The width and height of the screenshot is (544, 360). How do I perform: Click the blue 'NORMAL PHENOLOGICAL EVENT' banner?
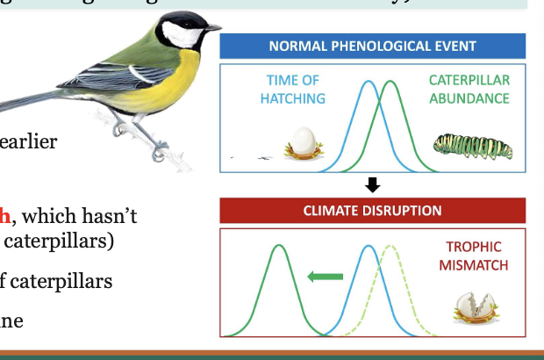coord(372,46)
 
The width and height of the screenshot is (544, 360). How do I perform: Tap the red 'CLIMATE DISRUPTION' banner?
coord(372,211)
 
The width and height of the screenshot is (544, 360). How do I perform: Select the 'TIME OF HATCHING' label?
coord(292,90)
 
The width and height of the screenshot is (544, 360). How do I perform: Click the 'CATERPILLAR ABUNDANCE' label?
coord(469,90)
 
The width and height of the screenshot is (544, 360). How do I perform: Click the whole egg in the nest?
coord(304,141)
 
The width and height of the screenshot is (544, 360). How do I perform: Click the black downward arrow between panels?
coord(372,184)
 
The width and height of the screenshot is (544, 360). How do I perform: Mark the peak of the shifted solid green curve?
coord(280,247)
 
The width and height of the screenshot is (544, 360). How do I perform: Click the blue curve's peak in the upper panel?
coord(369,83)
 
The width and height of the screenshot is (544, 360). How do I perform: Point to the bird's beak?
coord(211,29)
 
